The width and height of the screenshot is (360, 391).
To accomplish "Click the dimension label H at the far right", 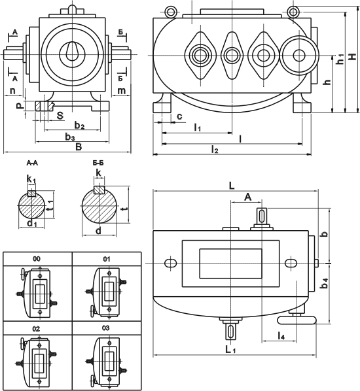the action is pyautogui.click(x=352, y=57).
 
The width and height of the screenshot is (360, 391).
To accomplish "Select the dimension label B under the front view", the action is pyautogui.click(x=79, y=147).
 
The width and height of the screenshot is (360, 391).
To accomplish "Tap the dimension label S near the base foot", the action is pyautogui.click(x=60, y=116).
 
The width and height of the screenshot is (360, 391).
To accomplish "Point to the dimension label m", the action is pyautogui.click(x=121, y=91).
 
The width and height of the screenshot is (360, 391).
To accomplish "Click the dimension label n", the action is pyautogui.click(x=12, y=91).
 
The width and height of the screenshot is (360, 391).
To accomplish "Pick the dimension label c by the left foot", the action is pyautogui.click(x=179, y=116).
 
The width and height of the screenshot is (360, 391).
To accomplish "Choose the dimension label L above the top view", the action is pyautogui.click(x=232, y=186).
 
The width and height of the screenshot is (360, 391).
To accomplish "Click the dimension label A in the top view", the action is pyautogui.click(x=247, y=197).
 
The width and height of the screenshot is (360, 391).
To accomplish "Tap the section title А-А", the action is pyautogui.click(x=32, y=163).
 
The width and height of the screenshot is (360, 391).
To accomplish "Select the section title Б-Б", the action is pyautogui.click(x=98, y=163).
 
